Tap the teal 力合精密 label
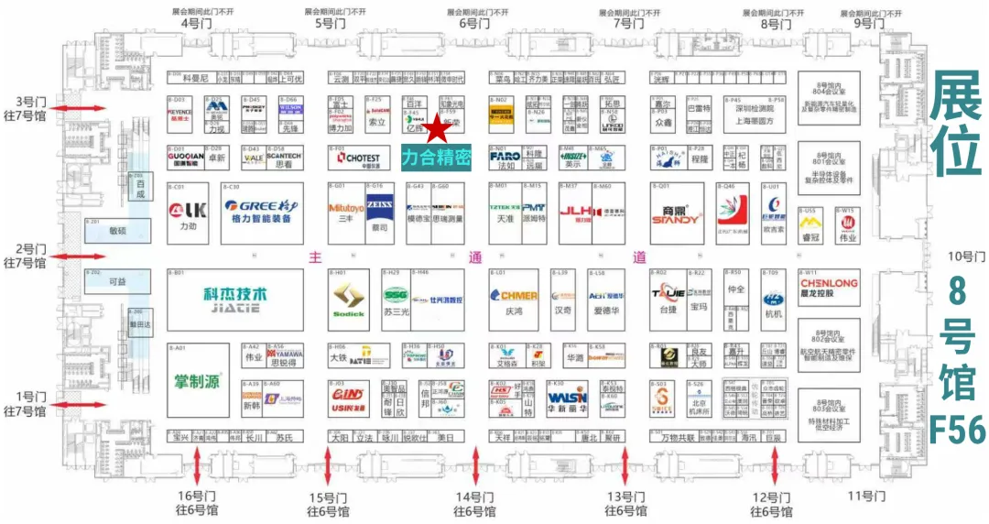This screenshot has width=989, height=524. coord(436,158)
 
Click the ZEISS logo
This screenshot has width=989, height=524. coord(379,207)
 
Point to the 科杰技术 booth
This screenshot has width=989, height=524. coord(236,299)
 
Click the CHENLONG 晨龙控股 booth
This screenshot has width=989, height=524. coord(828,289)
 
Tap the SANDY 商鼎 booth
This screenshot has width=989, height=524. coord(677,213)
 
